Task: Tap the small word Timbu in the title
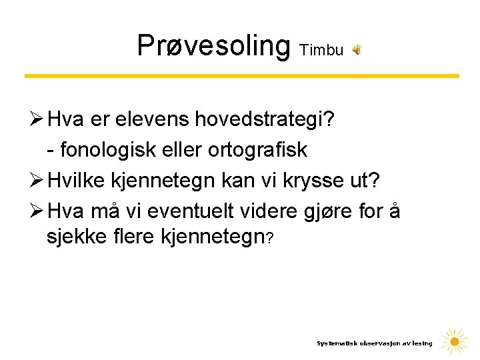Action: [x=322, y=50]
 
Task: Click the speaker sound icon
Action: [x=357, y=50]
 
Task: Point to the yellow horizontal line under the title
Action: [x=241, y=76]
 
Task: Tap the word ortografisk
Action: [x=257, y=151]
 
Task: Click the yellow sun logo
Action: [x=455, y=341]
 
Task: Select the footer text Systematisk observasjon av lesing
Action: [x=374, y=343]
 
